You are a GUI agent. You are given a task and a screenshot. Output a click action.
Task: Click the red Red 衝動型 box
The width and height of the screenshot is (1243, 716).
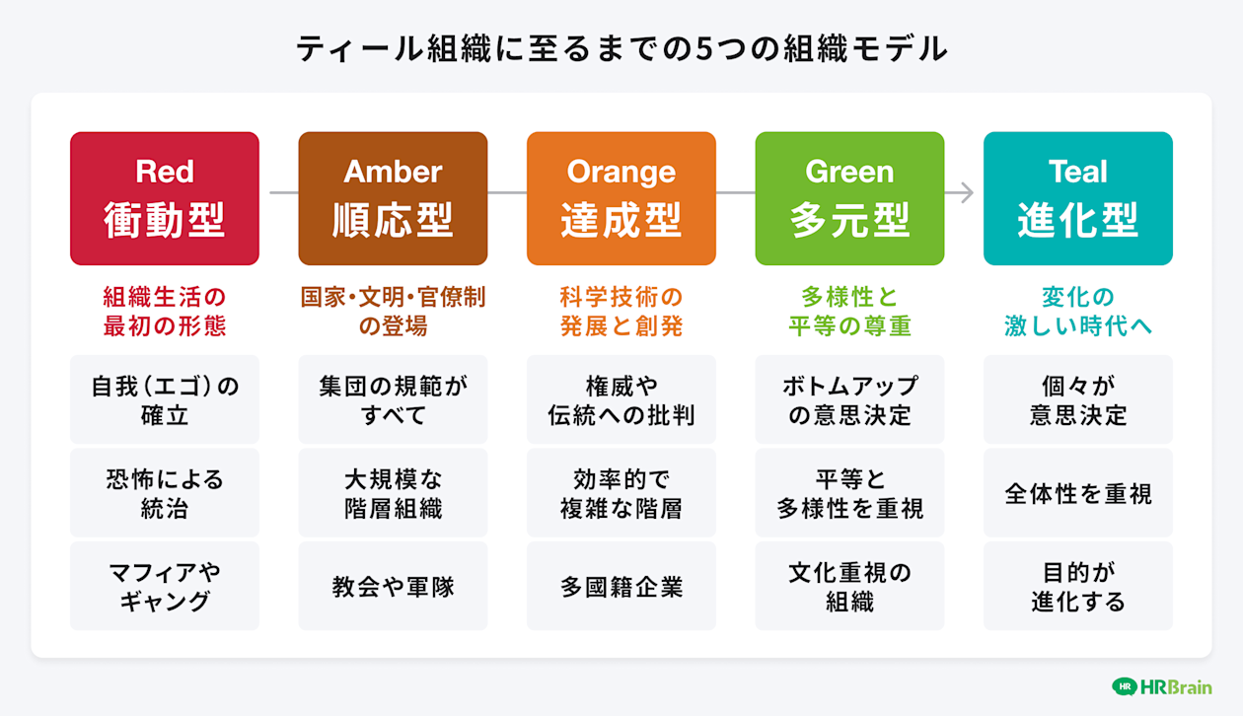tap(165, 198)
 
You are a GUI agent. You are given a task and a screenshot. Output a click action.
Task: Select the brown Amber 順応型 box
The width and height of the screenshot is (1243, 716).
tap(393, 198)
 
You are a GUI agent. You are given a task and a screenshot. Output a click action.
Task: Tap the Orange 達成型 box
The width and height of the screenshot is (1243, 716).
tap(621, 198)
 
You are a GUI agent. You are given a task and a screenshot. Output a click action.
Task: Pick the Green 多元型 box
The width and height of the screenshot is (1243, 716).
tap(849, 198)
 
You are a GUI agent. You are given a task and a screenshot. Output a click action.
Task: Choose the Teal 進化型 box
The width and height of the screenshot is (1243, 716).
tap(1078, 198)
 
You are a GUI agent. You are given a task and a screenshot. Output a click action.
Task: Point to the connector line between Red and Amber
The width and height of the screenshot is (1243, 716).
tap(279, 193)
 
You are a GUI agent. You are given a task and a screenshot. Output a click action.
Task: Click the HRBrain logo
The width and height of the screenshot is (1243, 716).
tap(1161, 686)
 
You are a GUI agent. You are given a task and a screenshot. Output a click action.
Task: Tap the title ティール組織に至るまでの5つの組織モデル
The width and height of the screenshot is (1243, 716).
tap(621, 48)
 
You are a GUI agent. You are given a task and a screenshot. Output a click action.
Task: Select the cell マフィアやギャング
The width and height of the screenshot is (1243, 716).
tap(165, 586)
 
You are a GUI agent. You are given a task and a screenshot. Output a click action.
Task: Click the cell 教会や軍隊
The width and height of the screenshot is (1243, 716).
tap(393, 586)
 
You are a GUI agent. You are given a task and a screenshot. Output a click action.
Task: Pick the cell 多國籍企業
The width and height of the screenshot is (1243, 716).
tap(621, 586)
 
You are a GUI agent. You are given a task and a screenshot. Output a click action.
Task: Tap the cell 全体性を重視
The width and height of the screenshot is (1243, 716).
tap(1078, 493)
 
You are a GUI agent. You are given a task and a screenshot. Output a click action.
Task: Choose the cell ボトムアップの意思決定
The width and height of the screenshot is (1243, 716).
tap(849, 399)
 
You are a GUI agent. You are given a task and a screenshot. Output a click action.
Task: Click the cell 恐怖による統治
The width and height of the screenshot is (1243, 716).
tap(165, 493)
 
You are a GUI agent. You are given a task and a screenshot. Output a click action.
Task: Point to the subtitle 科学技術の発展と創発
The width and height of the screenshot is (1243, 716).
tap(621, 311)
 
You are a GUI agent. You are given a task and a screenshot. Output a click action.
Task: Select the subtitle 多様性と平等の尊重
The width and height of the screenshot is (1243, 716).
tap(849, 311)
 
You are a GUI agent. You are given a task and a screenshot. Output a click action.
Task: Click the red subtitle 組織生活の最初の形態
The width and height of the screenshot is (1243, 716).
tap(165, 311)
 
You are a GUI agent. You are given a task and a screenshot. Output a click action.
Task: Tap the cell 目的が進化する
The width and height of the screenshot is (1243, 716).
tap(1078, 586)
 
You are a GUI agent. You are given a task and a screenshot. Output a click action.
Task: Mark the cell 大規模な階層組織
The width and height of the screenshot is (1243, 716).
tap(393, 493)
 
